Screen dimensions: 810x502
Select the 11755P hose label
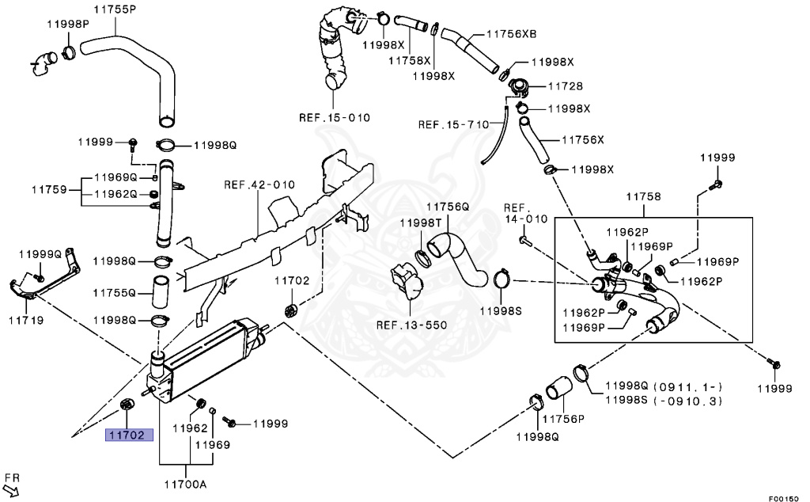(115, 9)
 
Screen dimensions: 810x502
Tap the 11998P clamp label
(68, 25)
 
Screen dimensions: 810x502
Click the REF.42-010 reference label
(259, 184)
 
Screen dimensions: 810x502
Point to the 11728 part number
(565, 86)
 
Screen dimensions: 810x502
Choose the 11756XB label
(512, 33)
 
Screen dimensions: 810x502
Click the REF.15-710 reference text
(453, 124)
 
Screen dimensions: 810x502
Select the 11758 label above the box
(643, 196)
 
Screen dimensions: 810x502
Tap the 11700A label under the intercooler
(185, 485)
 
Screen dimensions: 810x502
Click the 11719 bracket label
(26, 321)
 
